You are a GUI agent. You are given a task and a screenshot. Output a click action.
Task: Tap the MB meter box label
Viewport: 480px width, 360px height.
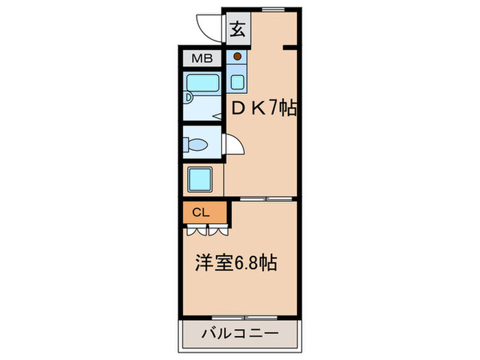point(202,58)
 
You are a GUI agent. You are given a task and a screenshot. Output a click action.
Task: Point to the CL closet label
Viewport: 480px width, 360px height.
point(200,212)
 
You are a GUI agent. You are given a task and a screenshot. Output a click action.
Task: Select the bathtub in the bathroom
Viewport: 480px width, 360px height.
point(202,84)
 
